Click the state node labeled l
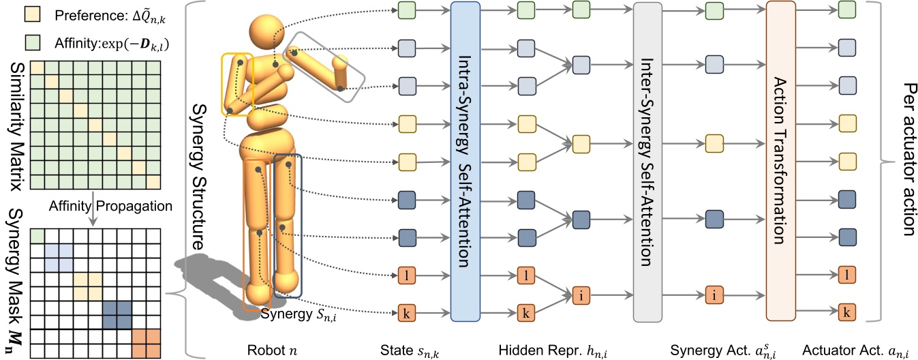pos(406,277)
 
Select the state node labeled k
pos(406,314)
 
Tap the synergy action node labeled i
pos(714,295)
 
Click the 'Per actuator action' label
pos(906,161)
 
